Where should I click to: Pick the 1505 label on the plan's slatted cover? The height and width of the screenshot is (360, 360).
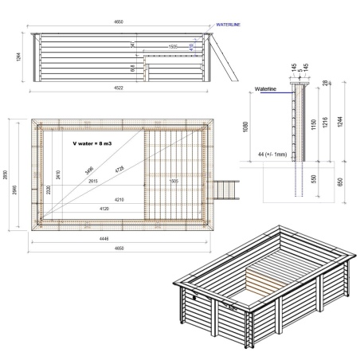[174, 181]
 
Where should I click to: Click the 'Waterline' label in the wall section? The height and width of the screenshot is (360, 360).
[265, 90]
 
